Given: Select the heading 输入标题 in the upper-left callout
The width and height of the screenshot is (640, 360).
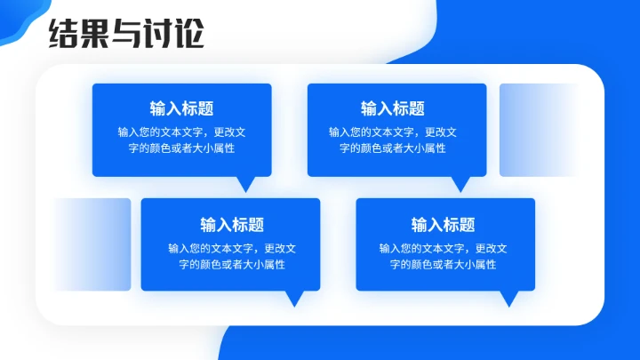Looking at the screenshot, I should [181, 108].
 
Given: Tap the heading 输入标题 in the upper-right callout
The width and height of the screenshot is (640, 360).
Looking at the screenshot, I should [392, 108].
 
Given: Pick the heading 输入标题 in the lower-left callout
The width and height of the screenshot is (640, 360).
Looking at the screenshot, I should [231, 225].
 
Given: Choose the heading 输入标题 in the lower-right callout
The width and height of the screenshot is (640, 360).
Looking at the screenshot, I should [443, 225].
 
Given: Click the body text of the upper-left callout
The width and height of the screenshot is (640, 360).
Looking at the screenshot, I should [181, 140].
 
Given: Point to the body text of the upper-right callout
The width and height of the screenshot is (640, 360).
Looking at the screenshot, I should [392, 140].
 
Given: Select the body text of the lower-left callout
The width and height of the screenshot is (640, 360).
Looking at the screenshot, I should [231, 256].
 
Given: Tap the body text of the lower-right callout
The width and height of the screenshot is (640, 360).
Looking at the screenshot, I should [443, 256].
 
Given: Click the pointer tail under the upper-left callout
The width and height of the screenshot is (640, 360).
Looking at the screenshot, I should [246, 183].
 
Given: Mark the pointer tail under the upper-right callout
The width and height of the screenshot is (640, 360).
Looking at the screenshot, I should [460, 183].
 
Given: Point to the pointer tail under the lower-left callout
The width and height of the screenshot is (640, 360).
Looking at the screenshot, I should [294, 298].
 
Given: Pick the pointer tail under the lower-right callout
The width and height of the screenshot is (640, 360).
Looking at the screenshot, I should [508, 298].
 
